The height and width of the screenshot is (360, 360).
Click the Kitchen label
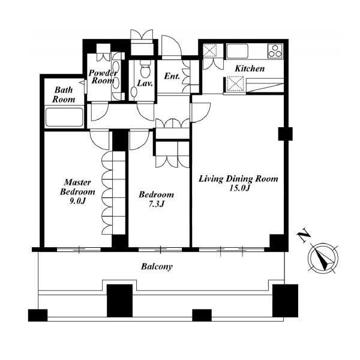coord(250,68)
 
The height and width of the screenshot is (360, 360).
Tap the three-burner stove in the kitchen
coord(275,51)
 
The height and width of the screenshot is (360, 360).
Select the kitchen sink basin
coord(238,51)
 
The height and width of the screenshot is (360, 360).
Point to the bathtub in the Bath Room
coord(64,117)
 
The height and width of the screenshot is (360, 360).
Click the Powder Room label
coord(103,77)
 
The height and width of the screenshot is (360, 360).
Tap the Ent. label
coord(172,76)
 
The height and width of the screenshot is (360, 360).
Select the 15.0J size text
coord(239,188)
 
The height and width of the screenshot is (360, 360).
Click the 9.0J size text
coord(77,201)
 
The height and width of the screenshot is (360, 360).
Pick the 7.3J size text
coord(156,204)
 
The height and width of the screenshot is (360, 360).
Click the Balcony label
coord(157,266)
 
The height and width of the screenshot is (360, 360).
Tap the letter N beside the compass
coord(304,235)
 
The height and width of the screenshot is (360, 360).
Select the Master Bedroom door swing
coord(99,140)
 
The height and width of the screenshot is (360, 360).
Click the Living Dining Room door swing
coord(200,113)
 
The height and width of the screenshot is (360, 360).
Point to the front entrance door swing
coord(172,47)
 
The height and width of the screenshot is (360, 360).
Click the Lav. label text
coord(145,83)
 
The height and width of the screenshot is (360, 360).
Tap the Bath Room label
coord(64,95)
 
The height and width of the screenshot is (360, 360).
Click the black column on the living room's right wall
coord(286,134)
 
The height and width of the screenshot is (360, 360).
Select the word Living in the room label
coord(211,179)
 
